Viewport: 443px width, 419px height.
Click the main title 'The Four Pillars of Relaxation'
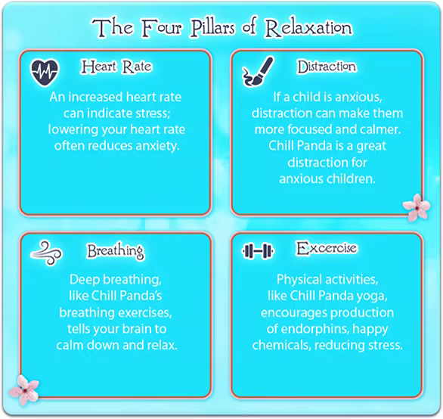tap(222, 28)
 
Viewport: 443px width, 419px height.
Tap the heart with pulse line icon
tap(45, 73)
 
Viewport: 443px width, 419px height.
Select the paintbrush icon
tap(258, 71)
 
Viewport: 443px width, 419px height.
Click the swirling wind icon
tap(46, 253)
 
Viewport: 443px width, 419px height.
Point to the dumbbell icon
tap(258, 250)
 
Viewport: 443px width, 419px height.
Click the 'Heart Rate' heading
tap(116, 67)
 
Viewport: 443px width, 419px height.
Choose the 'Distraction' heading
tap(327, 67)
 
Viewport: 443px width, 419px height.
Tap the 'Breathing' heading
tap(115, 251)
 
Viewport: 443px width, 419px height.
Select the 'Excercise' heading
tap(327, 248)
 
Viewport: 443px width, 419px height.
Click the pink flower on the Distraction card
tap(417, 207)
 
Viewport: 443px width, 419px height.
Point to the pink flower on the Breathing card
tap(24, 390)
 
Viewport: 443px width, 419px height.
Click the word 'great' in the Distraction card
tap(371, 147)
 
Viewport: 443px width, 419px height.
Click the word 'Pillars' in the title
tap(212, 28)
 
